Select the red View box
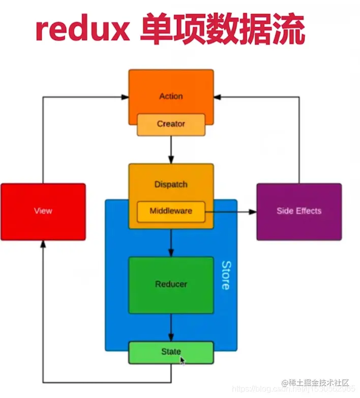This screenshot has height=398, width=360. (x=43, y=211)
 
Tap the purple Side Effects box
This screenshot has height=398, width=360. (x=299, y=211)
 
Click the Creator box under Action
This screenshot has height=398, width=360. (x=171, y=124)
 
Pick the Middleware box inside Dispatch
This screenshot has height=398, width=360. (x=171, y=211)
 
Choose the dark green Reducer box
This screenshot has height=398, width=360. (x=171, y=285)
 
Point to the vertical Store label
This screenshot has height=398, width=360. (x=225, y=275)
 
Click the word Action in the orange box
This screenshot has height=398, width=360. (x=171, y=96)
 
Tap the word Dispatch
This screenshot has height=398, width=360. (x=171, y=184)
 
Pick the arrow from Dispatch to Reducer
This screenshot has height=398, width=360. (x=171, y=243)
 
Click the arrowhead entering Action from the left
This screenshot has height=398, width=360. (x=125, y=96)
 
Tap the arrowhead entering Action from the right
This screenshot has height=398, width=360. (x=218, y=96)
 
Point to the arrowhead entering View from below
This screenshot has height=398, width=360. (x=43, y=244)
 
